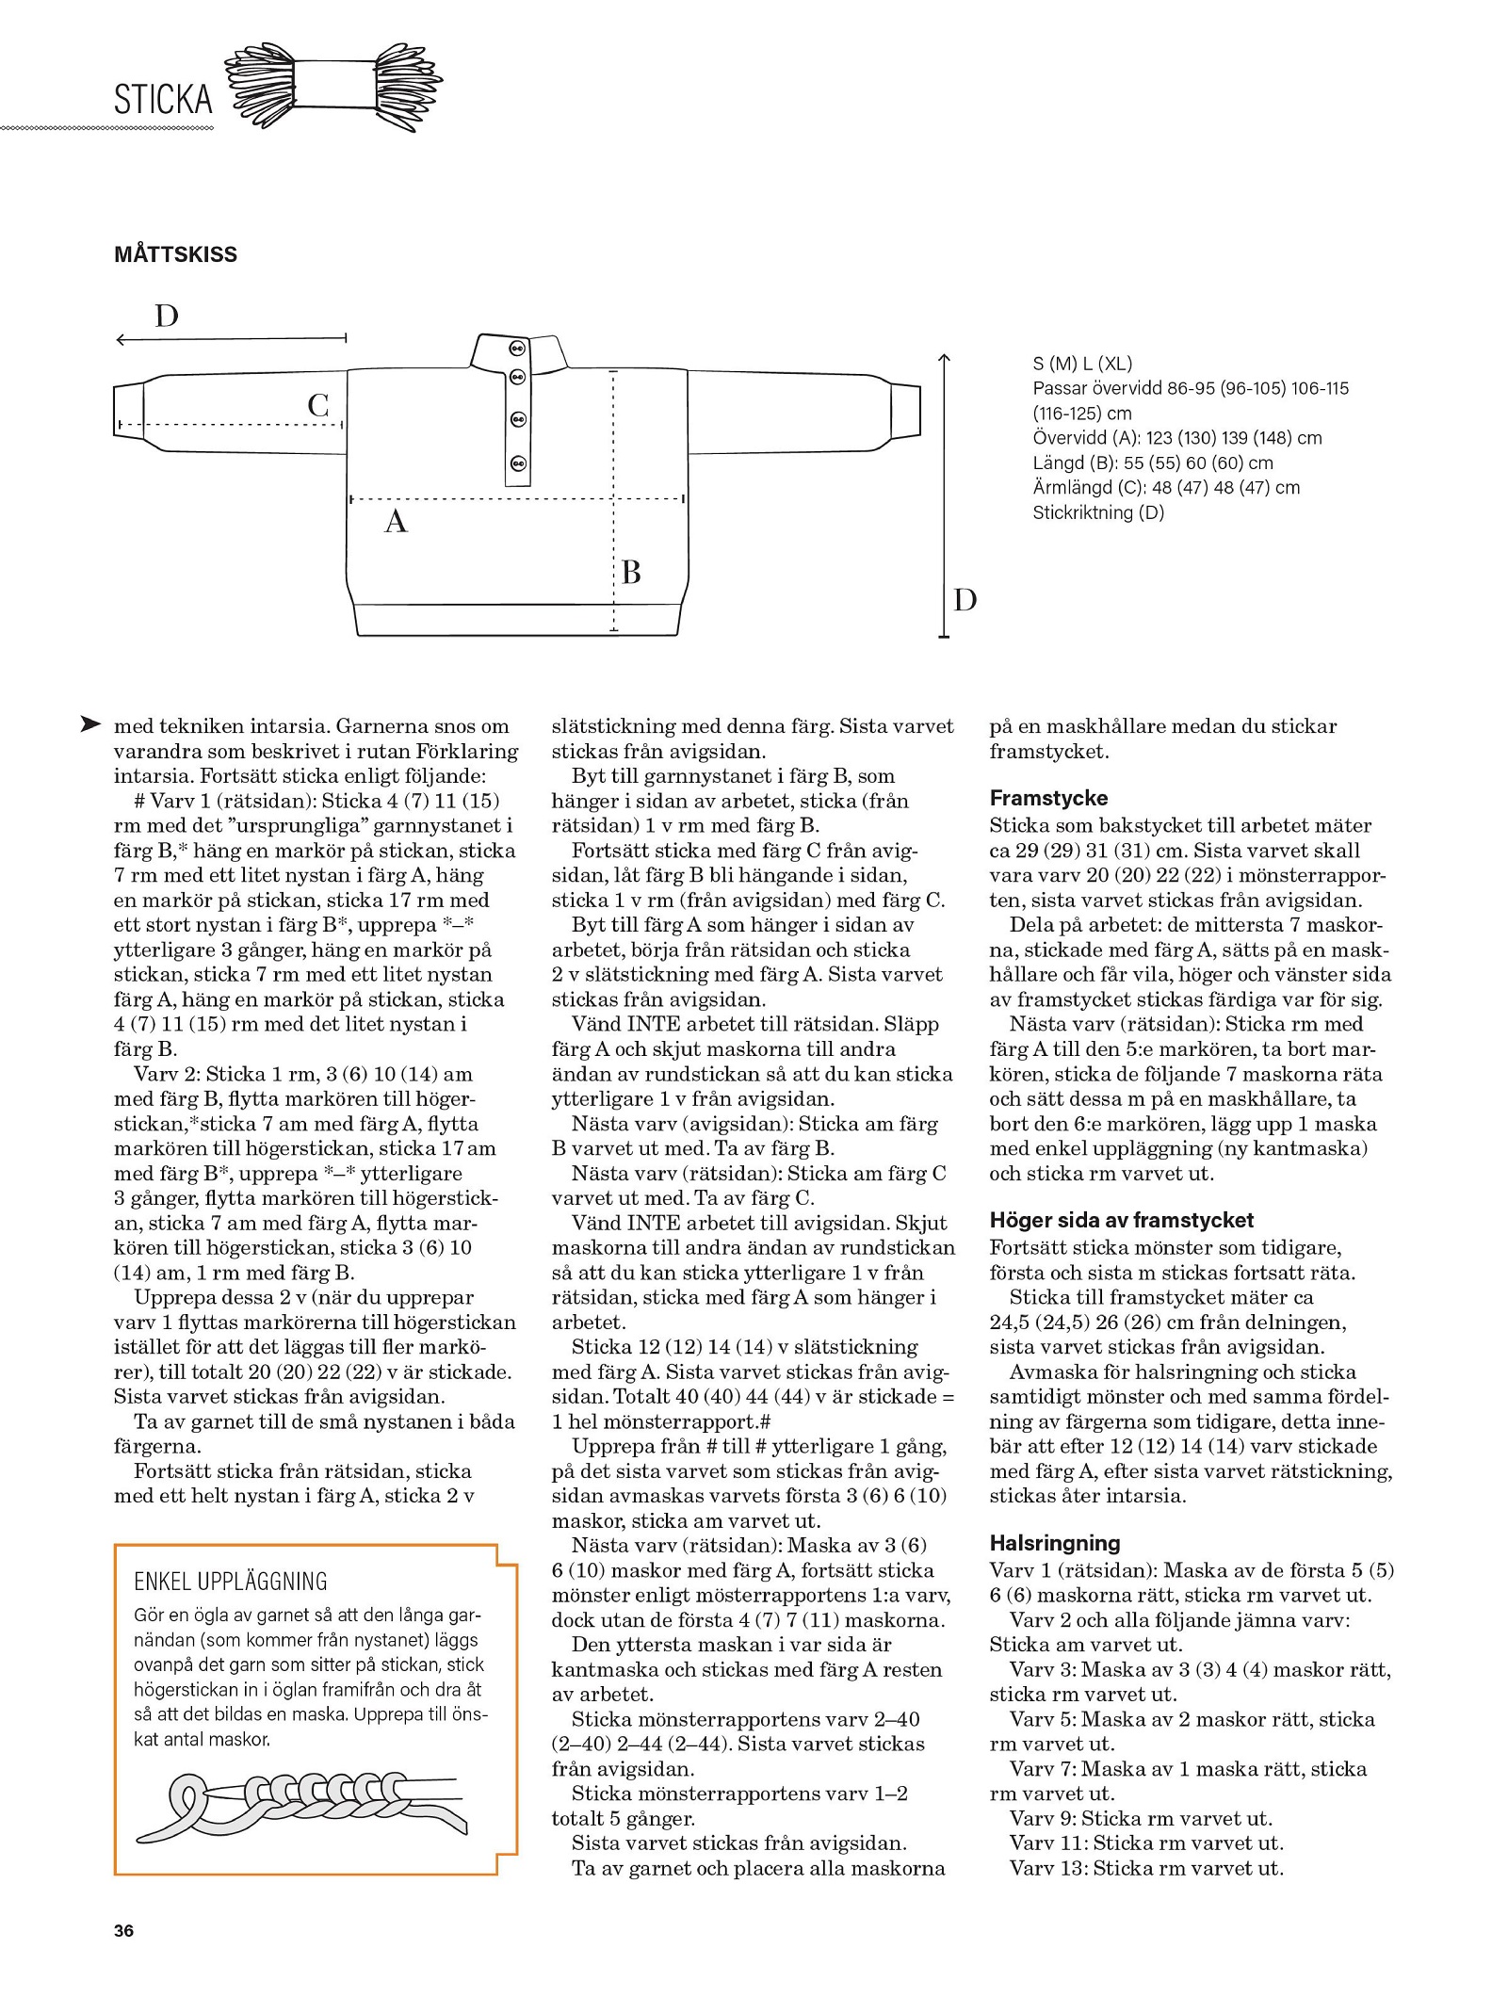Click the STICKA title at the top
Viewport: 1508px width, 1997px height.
point(163,99)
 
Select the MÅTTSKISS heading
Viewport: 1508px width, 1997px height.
point(175,254)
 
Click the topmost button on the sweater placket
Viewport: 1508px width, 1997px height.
point(516,348)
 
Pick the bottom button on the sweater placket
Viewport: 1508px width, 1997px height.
point(516,463)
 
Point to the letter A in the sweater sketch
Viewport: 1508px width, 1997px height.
point(396,521)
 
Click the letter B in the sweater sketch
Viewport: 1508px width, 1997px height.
point(631,572)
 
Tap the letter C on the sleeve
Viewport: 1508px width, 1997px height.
point(318,405)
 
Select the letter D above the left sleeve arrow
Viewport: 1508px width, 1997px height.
point(166,316)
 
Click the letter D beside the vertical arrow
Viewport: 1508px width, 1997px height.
point(965,599)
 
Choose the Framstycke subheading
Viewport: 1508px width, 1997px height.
point(1048,798)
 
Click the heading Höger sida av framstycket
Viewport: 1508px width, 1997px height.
point(1121,1220)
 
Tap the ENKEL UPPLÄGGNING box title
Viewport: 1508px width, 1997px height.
point(231,1581)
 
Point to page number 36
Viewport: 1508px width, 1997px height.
point(123,1930)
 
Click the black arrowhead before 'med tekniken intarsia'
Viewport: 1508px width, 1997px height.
point(90,724)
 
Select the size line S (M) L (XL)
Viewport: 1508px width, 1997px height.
point(1082,364)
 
